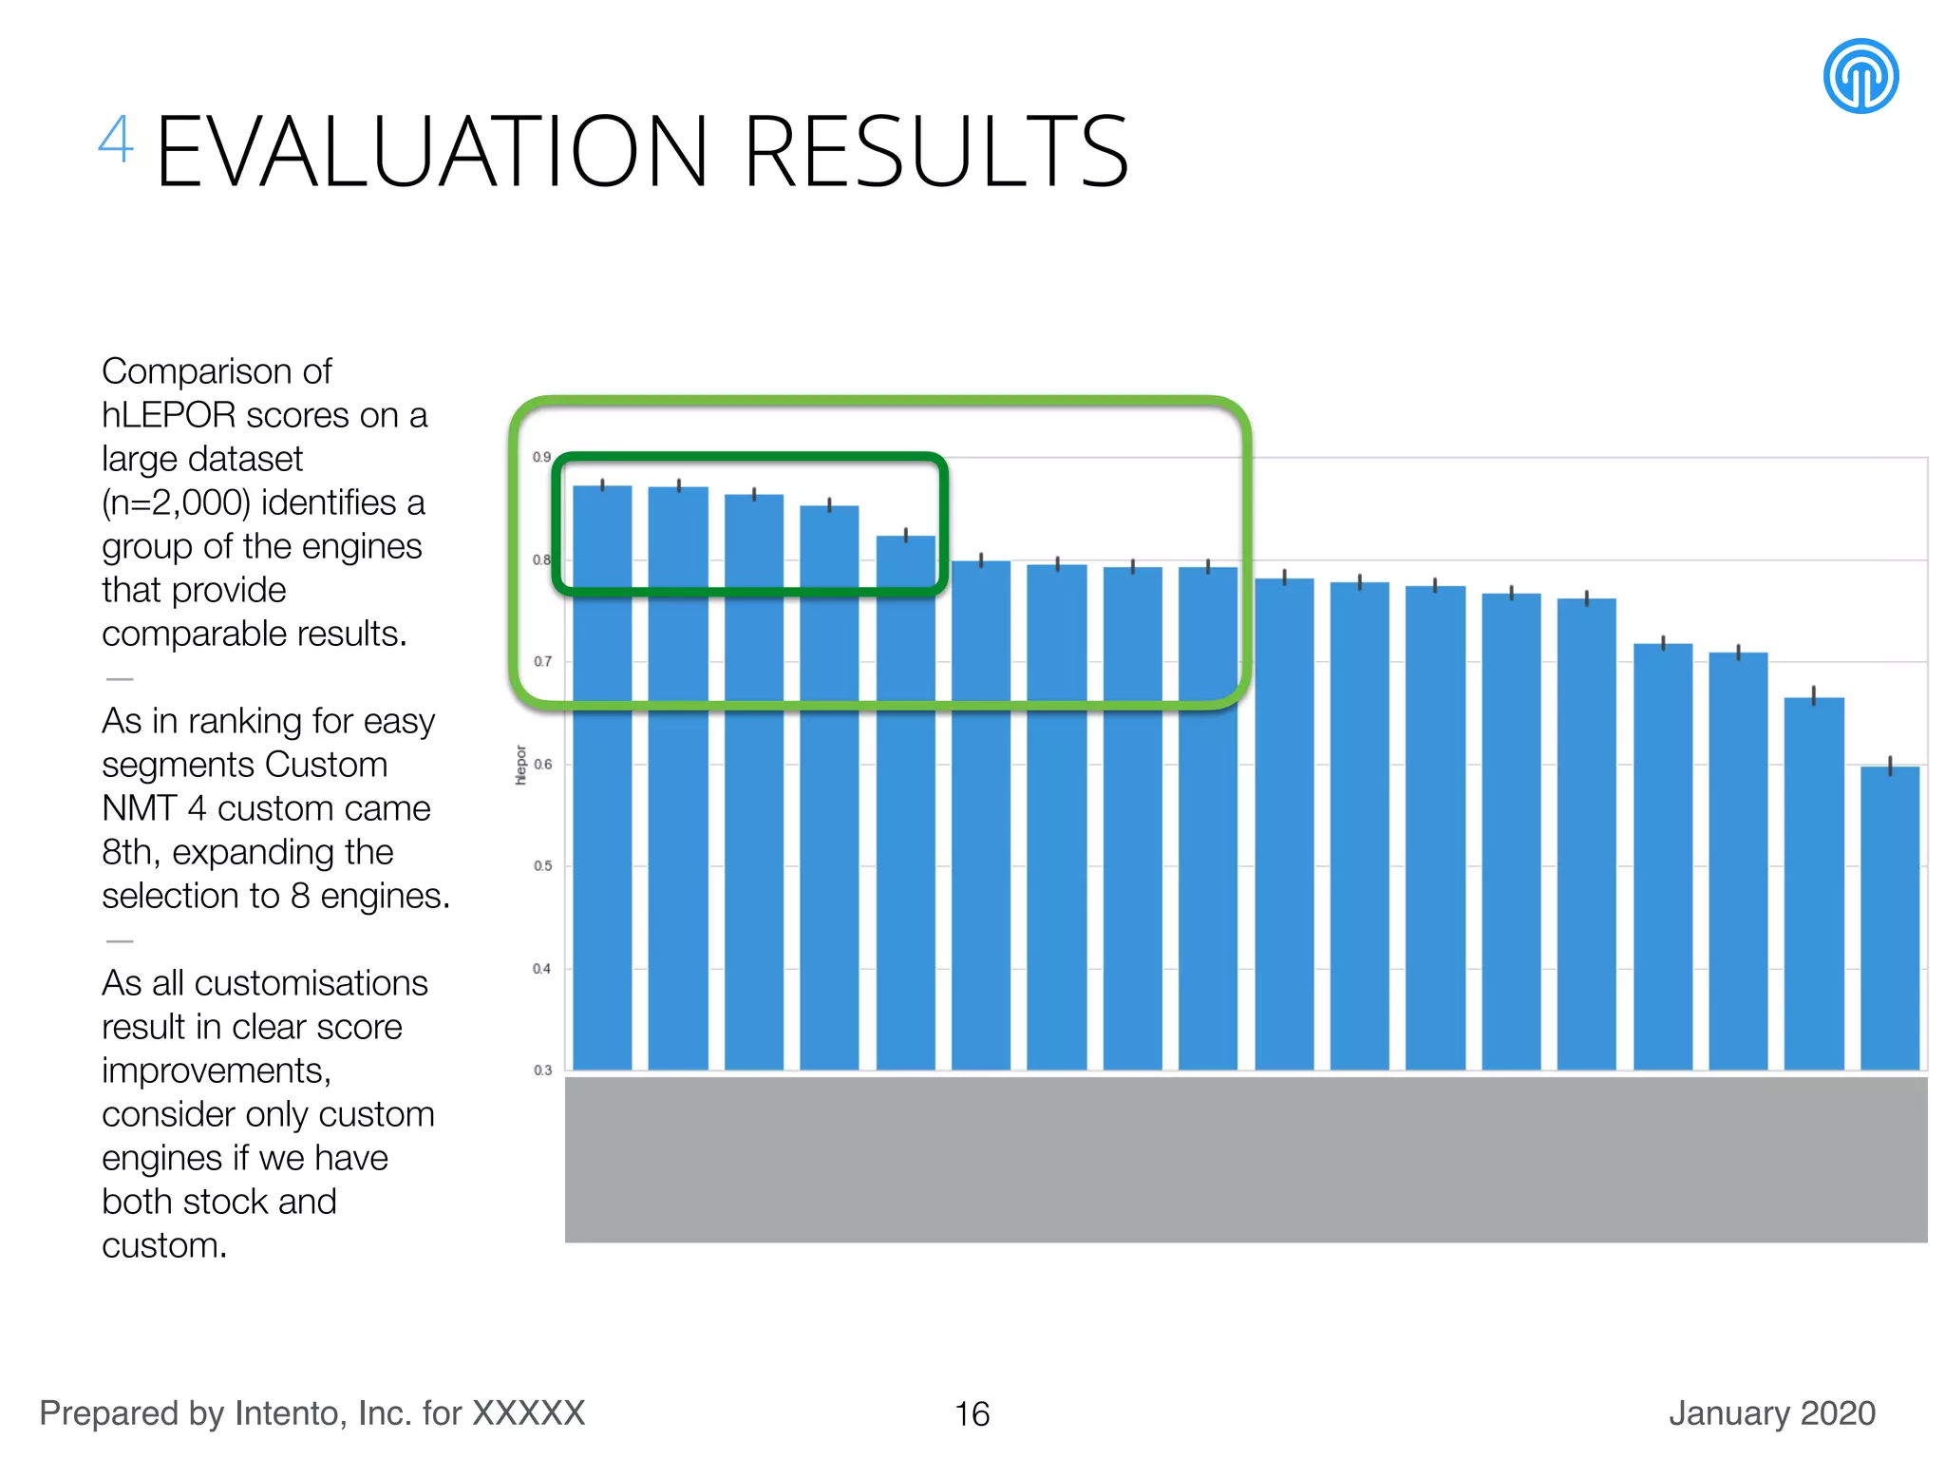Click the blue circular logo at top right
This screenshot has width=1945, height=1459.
tap(1860, 76)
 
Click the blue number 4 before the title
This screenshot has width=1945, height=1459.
tap(116, 141)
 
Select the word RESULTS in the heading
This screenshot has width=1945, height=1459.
tap(936, 152)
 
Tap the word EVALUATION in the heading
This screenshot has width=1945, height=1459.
tap(432, 152)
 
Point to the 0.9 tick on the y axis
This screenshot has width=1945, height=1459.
tap(541, 457)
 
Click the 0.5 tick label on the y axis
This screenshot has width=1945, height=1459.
tap(541, 866)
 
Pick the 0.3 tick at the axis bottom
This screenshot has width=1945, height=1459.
tap(541, 1071)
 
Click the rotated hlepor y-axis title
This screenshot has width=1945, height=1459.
tap(520, 765)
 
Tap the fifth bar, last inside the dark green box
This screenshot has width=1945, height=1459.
tap(905, 803)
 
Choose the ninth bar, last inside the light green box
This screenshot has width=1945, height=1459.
tap(1207, 817)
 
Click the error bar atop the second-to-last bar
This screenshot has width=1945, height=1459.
tap(1813, 695)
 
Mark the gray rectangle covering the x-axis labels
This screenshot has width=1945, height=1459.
tap(1245, 1159)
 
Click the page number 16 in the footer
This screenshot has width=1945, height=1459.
tap(972, 1414)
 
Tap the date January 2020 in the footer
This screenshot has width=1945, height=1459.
tap(1771, 1413)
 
